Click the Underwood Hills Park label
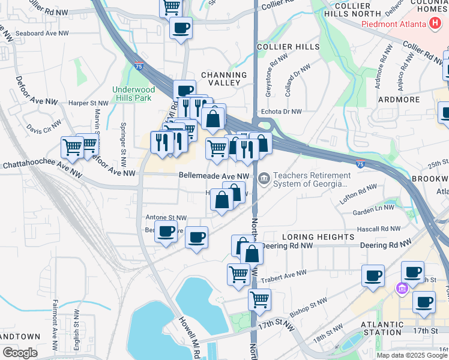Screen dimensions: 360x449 click(x=133, y=94)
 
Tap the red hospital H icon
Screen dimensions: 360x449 click(x=435, y=24)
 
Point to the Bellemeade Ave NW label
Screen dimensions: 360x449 click(x=214, y=176)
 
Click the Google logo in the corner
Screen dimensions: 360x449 click(x=20, y=353)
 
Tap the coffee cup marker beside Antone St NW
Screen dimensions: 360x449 click(x=166, y=230)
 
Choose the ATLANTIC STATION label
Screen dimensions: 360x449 click(x=381, y=328)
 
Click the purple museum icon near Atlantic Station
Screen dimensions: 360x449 click(x=401, y=289)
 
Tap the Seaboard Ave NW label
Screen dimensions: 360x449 click(x=40, y=34)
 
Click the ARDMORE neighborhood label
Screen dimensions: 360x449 click(x=397, y=99)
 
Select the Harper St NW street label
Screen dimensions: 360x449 click(x=88, y=103)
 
